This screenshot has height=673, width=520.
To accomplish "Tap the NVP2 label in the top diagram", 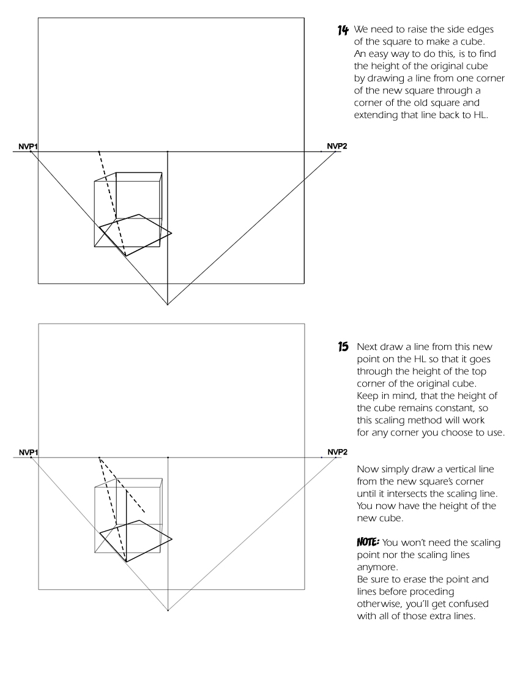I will tap(336, 146).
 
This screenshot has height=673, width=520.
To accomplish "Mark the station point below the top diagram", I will tap(168, 304).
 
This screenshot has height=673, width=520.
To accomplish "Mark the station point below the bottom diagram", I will tap(168, 610).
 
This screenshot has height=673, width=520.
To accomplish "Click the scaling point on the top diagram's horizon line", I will tap(99, 151).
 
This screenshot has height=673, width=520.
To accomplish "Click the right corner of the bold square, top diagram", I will tap(172, 233).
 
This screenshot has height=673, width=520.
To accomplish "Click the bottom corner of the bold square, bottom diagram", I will tap(126, 560).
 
